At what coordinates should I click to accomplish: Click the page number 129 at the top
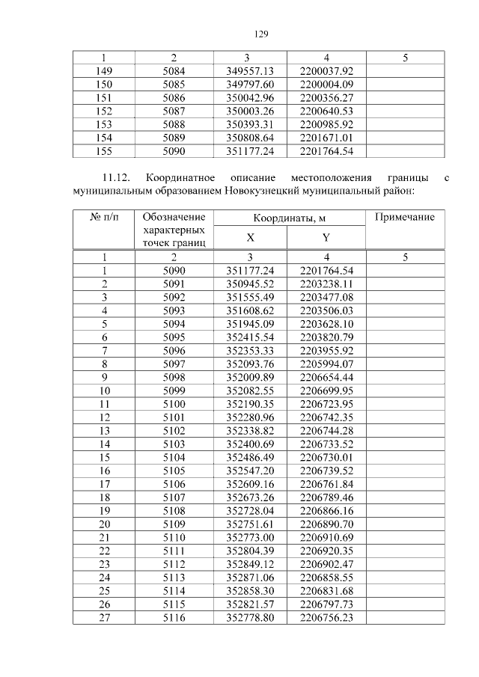click(x=260, y=34)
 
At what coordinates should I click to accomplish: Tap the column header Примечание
click(x=405, y=216)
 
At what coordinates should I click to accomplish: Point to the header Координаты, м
click(x=289, y=218)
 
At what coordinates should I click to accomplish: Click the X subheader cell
click(x=250, y=238)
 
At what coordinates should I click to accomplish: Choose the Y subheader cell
click(x=326, y=238)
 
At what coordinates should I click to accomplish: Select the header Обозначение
click(x=174, y=216)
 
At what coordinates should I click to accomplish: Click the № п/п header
click(x=104, y=216)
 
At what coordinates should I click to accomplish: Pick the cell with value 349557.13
click(x=250, y=70)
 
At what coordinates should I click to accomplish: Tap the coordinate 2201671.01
click(x=326, y=138)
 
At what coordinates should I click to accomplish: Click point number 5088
click(x=174, y=124)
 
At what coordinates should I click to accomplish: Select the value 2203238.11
click(x=326, y=284)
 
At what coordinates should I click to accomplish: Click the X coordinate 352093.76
click(x=250, y=364)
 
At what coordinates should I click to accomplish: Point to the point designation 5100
click(x=174, y=405)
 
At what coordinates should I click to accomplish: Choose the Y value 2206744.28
click(x=326, y=432)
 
